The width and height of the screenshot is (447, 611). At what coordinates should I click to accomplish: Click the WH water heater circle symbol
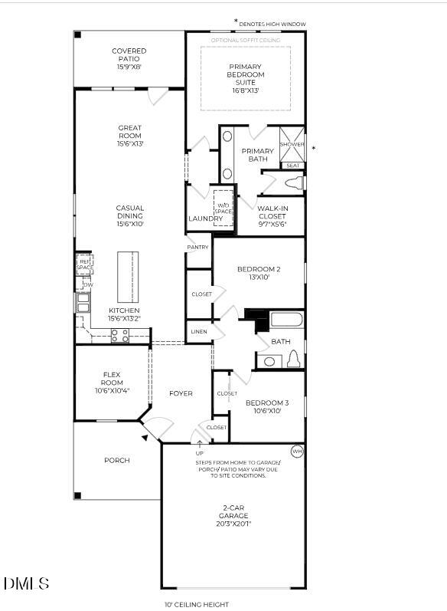pos(297,452)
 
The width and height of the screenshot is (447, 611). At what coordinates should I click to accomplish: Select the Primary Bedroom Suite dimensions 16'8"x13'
pos(246,90)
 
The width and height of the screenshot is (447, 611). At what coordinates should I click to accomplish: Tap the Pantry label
pos(198,248)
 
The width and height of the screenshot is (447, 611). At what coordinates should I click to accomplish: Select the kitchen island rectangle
pos(129,277)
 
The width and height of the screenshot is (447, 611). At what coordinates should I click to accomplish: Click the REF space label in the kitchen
pos(84,264)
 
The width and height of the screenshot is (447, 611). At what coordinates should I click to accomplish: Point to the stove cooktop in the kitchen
pos(119,335)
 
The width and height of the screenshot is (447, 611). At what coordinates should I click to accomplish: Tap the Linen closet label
pos(199,332)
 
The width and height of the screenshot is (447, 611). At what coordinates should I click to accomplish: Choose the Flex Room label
pos(113,379)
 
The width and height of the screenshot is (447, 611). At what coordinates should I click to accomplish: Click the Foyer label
pos(181,393)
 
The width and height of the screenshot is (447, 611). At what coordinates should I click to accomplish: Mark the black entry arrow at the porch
pos(145,437)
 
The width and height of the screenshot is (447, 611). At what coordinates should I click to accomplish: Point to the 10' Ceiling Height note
pos(197,604)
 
